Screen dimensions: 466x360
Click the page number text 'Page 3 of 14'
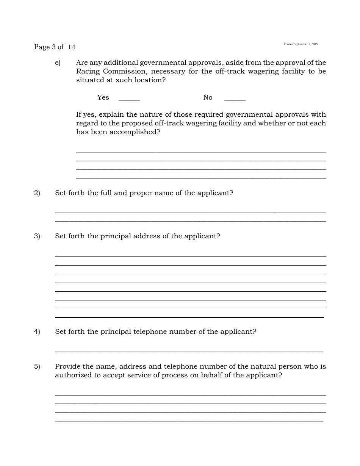point(55,47)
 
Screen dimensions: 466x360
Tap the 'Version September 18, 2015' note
point(301,44)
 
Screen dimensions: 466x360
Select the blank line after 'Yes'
point(129,99)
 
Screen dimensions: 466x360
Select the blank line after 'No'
point(235,99)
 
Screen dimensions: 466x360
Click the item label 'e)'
point(58,63)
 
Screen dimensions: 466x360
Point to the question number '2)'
point(37,193)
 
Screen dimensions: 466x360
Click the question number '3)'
point(37,236)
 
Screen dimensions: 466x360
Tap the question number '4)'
point(37,332)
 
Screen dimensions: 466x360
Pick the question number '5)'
point(37,366)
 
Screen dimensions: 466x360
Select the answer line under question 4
point(189,352)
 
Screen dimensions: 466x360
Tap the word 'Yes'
point(103,97)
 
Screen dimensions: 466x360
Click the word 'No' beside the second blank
point(208,97)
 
